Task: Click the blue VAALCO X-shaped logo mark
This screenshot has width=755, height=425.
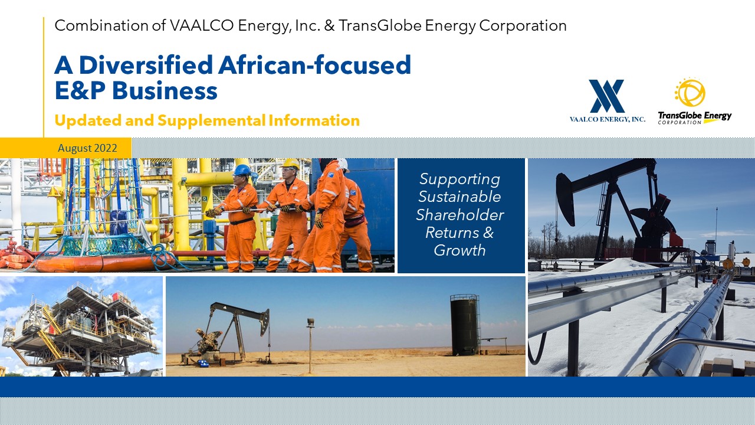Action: [607, 96]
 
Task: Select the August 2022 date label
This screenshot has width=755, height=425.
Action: [87, 148]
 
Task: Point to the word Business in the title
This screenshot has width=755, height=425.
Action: [165, 90]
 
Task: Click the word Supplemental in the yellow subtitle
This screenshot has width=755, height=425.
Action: [211, 120]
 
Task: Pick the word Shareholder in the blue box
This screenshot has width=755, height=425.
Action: [459, 215]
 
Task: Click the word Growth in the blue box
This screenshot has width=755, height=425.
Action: [459, 250]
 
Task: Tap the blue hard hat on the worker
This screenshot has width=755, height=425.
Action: [242, 169]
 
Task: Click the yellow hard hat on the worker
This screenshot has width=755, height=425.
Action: [290, 164]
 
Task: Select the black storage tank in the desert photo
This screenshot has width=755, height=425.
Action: [464, 325]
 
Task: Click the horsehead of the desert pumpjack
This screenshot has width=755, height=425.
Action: [265, 322]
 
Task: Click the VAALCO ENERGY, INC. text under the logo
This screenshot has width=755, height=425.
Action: [608, 119]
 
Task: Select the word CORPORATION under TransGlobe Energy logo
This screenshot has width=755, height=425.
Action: [679, 122]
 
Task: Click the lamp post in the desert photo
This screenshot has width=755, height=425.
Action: [310, 345]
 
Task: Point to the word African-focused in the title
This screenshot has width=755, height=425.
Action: [314, 64]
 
